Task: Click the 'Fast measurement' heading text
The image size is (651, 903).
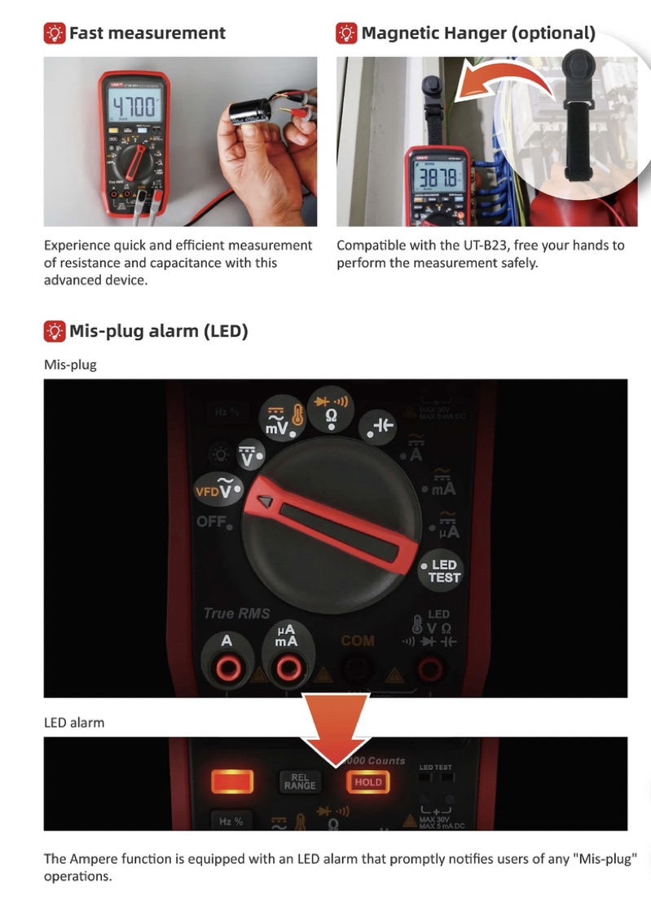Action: pos(147,33)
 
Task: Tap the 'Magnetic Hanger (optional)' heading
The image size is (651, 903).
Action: pos(477,33)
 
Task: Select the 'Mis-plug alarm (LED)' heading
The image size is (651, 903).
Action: pos(158,331)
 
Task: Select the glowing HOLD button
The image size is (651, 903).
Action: pos(367,781)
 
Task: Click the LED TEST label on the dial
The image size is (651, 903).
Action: pos(444,571)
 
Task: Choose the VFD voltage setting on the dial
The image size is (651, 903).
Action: pos(219,489)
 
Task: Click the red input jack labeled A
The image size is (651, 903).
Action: pos(227,669)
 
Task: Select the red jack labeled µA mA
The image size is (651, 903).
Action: pos(286,669)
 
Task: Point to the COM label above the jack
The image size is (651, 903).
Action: pos(357,641)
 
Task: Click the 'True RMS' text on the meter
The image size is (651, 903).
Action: pos(236,613)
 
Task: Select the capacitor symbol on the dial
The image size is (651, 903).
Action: pos(383,425)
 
